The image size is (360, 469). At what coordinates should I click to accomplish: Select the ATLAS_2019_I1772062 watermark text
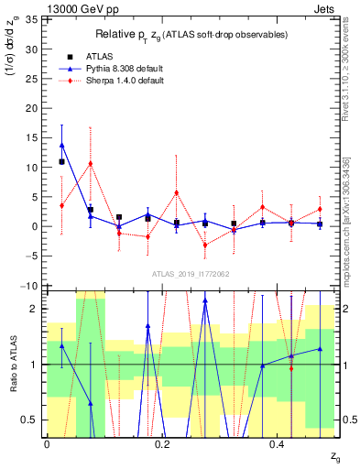pyautogui.click(x=190, y=273)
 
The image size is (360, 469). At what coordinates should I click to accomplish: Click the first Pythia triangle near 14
pyautogui.click(x=61, y=145)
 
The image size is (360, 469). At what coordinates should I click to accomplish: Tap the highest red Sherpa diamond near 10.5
pyautogui.click(x=90, y=164)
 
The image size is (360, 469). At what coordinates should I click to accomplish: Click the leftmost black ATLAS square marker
pyautogui.click(x=61, y=162)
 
